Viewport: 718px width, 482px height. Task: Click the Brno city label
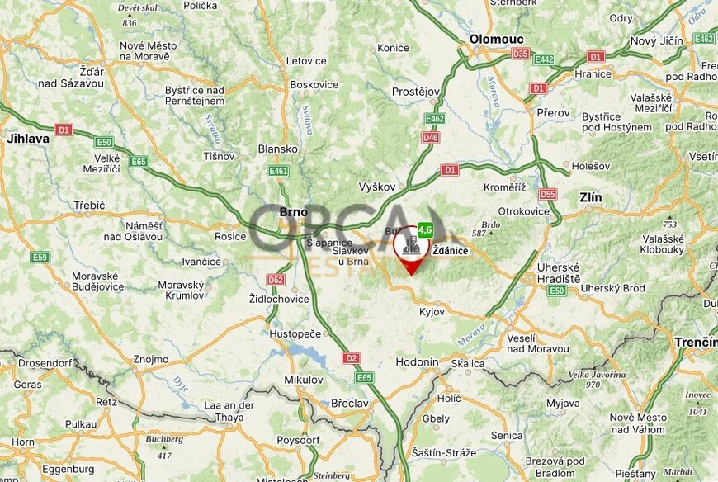coord(293,212)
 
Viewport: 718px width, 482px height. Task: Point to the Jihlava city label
coord(28,139)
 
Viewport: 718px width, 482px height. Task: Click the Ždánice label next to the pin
coord(451,251)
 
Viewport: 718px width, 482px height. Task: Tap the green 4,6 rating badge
coord(426,229)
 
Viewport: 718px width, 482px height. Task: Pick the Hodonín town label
coord(417,362)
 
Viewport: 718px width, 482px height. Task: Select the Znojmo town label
coord(150,359)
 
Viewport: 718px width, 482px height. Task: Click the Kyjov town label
coord(432,313)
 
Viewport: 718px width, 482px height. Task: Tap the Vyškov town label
coord(379,187)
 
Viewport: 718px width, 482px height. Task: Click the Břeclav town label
coord(349,403)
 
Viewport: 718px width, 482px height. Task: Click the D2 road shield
coord(352,358)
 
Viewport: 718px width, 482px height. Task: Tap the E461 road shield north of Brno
coord(279,171)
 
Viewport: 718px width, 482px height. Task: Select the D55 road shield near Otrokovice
coord(547,194)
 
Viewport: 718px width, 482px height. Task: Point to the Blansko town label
coord(278,149)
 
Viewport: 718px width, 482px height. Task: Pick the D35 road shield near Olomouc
coord(520,54)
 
